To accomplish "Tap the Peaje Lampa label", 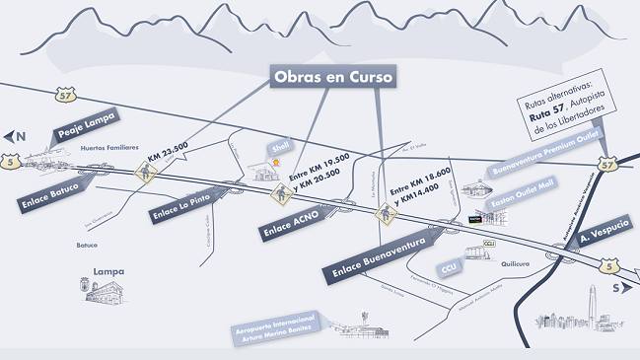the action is coord(86,127).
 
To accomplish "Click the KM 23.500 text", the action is coord(170,157).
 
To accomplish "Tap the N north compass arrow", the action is coord(14,137).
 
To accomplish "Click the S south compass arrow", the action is coord(620,288).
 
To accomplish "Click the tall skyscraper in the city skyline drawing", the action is coord(592,302).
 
